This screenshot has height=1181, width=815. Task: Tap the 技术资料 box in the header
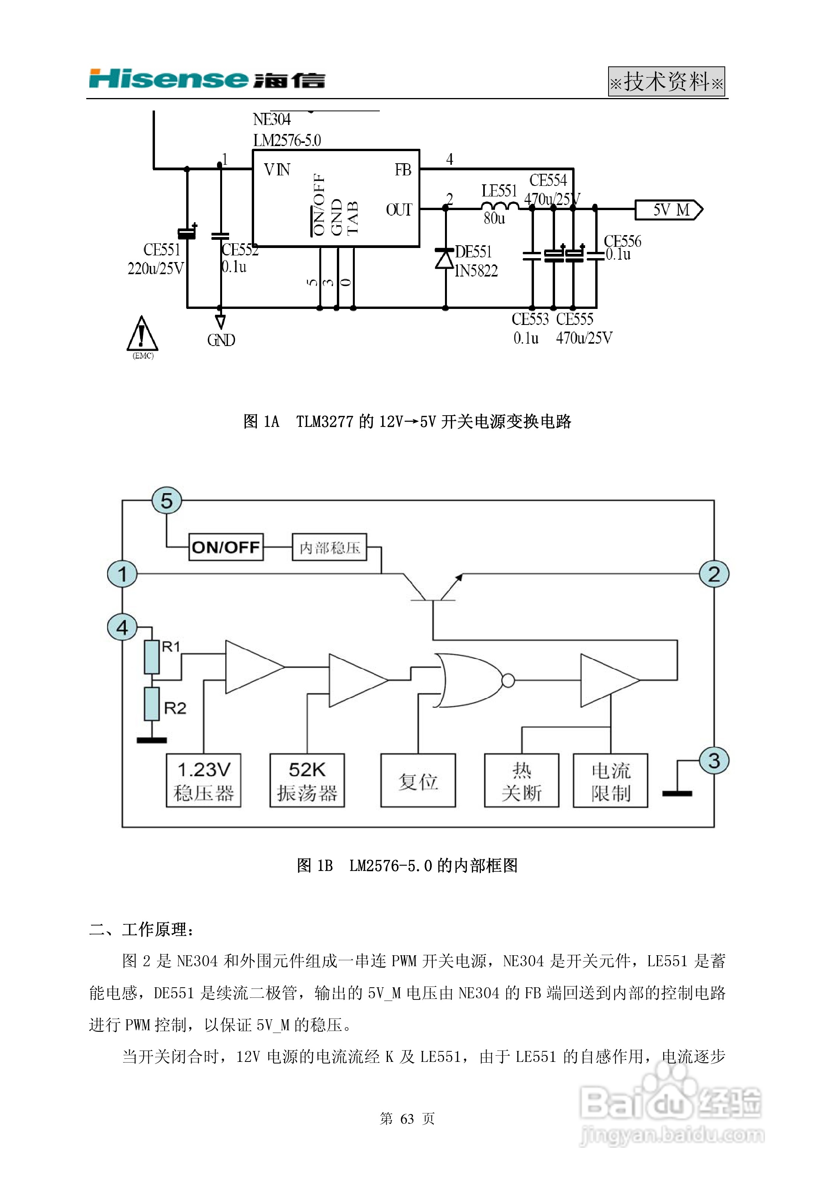pos(666,81)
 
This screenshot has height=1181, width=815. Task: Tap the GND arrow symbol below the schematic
pos(220,322)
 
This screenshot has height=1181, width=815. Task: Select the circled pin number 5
pos(166,501)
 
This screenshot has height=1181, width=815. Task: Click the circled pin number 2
pos(714,574)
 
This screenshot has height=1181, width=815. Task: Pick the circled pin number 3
pos(714,760)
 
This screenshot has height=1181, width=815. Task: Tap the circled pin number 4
pos(122,627)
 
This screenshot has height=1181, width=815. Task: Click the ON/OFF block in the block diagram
pos(226,547)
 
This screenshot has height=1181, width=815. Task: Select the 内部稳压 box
pos(329,547)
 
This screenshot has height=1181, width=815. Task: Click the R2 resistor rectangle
pos(152,703)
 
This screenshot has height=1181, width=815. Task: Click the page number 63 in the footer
pos(407,1118)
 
